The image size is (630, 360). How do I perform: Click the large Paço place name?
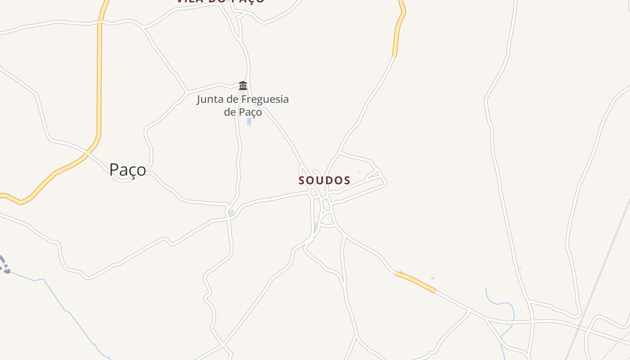click(128, 170)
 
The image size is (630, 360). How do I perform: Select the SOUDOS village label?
click(324, 180)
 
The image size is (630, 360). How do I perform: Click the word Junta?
click(210, 99)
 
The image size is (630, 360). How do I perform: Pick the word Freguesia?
click(265, 99)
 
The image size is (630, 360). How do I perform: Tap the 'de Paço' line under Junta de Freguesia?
click(243, 112)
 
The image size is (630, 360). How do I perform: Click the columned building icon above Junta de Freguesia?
click(243, 85)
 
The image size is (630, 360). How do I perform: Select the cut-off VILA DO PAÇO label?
click(220, 1)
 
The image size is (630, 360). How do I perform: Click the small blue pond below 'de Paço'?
click(249, 121)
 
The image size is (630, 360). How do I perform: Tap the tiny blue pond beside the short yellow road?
click(432, 279)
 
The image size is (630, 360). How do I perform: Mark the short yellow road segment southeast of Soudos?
click(416, 282)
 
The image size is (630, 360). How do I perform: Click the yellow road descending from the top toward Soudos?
click(398, 31)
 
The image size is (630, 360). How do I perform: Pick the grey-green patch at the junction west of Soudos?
click(231, 213)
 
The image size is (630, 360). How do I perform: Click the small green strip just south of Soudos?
click(316, 226)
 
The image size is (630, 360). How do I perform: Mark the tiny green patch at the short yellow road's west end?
click(400, 272)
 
